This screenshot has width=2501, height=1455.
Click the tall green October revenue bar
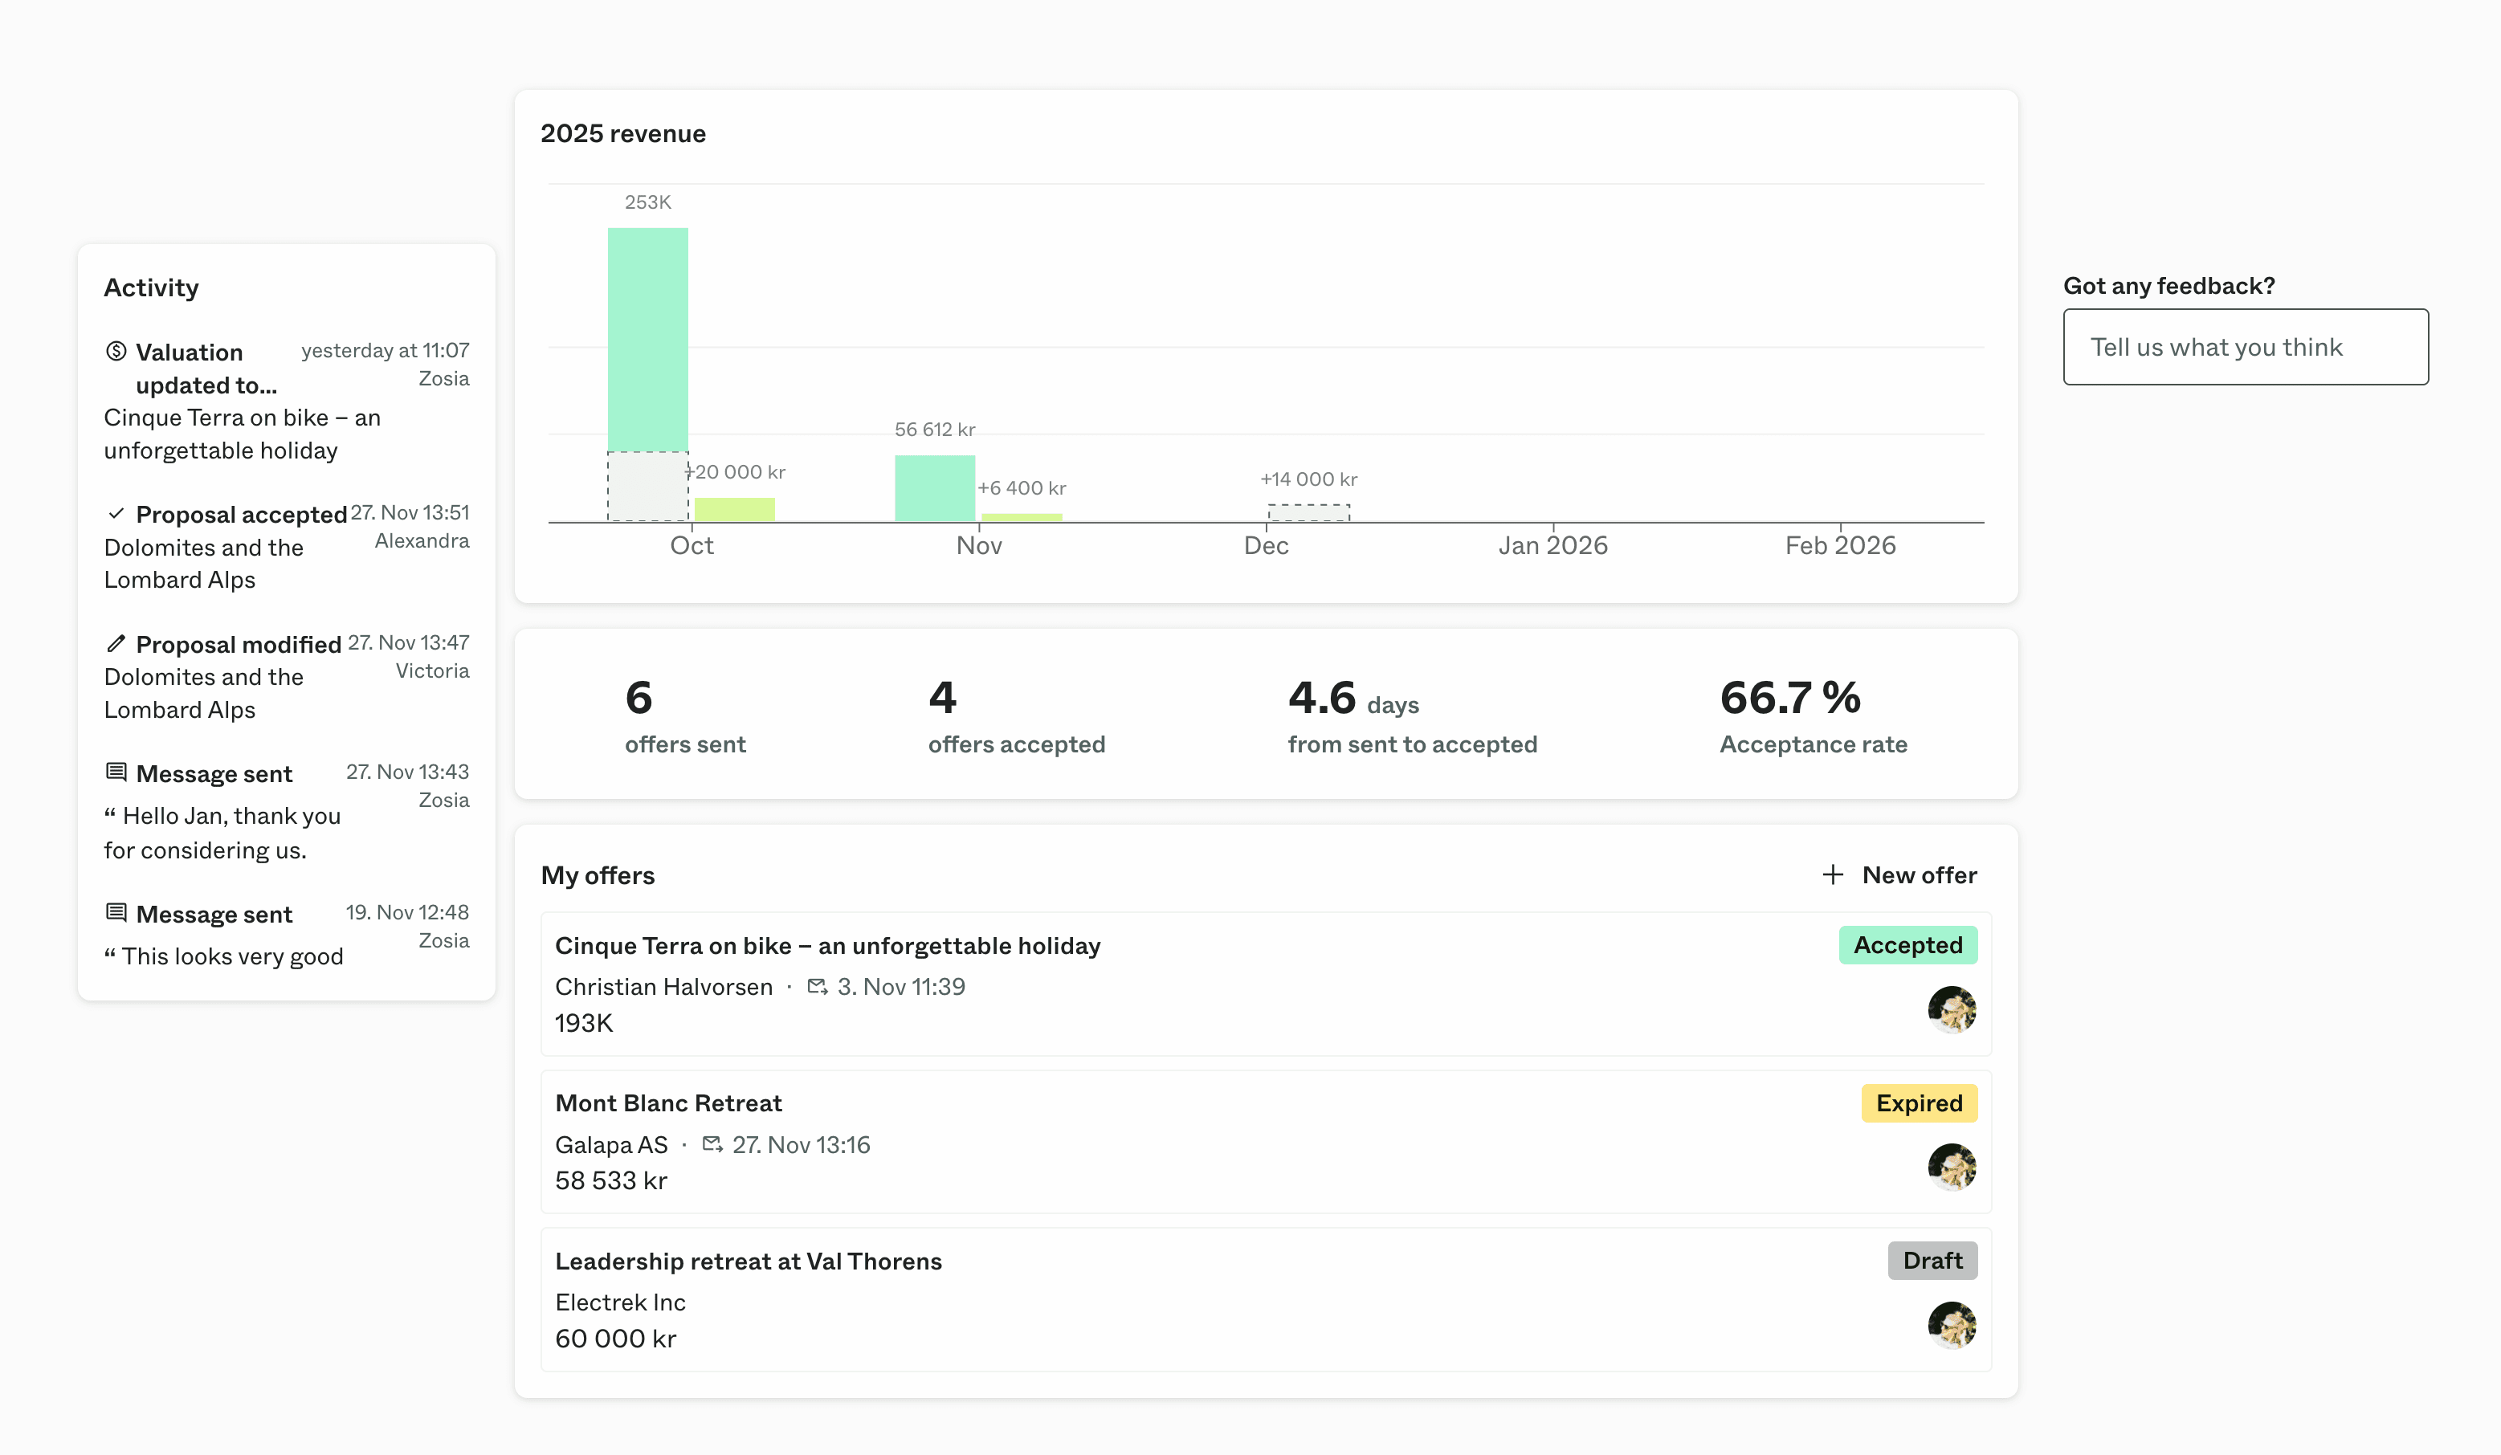click(x=647, y=337)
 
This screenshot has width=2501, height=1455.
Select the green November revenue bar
click(x=934, y=488)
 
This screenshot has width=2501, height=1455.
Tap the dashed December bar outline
click(x=1308, y=512)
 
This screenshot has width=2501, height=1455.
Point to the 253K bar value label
click(x=647, y=202)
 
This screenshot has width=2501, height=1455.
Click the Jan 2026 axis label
click(x=1552, y=545)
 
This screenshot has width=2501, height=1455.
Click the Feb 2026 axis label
click(x=1839, y=545)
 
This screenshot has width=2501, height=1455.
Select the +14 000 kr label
click(x=1308, y=479)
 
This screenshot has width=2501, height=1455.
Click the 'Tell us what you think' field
click(x=2245, y=346)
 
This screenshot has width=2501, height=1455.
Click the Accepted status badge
click(x=1907, y=945)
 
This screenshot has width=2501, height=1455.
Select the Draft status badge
click(x=1932, y=1261)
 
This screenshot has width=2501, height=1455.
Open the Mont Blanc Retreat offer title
click(x=668, y=1102)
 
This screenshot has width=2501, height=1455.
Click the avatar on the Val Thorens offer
click(x=1950, y=1325)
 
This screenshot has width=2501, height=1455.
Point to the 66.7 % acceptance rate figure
click(x=1789, y=698)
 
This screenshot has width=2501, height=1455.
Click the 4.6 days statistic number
click(x=1321, y=698)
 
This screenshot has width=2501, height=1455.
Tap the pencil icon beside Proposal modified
click(x=116, y=643)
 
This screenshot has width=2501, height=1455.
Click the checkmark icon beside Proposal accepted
click(x=116, y=513)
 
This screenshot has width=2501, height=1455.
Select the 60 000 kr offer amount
click(x=615, y=1339)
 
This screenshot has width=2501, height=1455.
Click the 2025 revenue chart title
click(x=622, y=134)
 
